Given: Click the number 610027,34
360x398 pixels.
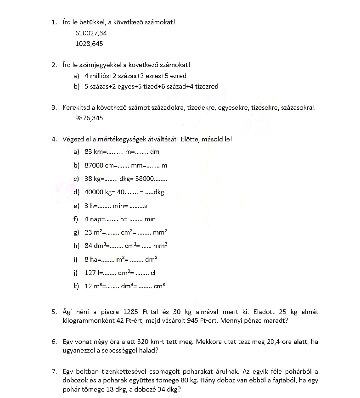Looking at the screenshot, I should [91, 33].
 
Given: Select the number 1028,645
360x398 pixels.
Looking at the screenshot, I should [89, 44].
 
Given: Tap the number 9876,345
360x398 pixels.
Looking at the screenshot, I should [89, 118].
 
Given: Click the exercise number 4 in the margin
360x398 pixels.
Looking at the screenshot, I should [54, 139].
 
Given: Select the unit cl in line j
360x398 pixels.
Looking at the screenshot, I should [153, 273].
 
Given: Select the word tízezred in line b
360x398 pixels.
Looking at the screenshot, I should [205, 86].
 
